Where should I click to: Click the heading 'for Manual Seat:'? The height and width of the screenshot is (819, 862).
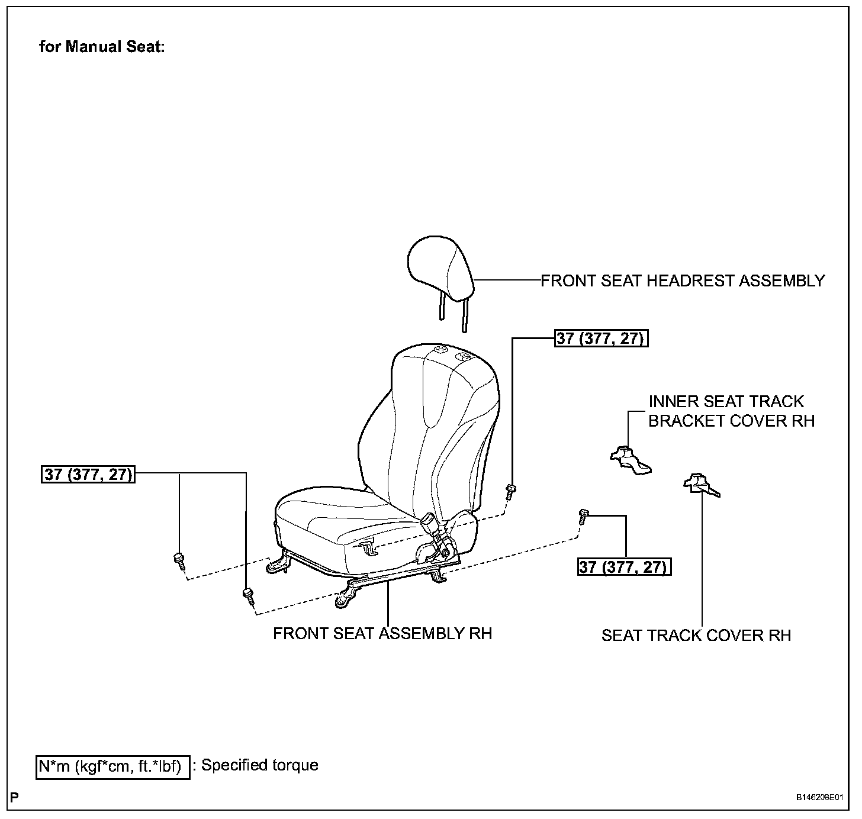point(101,47)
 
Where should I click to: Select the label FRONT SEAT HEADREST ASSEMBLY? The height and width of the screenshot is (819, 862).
point(683,280)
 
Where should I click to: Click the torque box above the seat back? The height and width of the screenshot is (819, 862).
point(602,338)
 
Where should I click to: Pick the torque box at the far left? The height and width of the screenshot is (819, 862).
point(88,474)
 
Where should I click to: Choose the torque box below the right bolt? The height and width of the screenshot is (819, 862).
point(625,567)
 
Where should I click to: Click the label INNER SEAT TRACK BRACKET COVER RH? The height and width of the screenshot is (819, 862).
point(731,411)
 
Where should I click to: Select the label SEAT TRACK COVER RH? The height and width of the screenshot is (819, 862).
point(696,635)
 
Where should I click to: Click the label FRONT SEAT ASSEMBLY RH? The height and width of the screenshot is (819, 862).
point(382,633)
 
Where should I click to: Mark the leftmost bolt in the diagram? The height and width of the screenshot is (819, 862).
point(179,560)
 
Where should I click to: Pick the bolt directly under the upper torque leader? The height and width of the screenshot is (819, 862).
point(511,491)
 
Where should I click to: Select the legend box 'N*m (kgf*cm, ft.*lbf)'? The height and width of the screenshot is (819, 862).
point(112,767)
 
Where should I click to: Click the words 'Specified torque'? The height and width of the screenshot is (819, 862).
point(260,765)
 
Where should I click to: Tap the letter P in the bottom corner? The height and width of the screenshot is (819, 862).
point(15,797)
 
